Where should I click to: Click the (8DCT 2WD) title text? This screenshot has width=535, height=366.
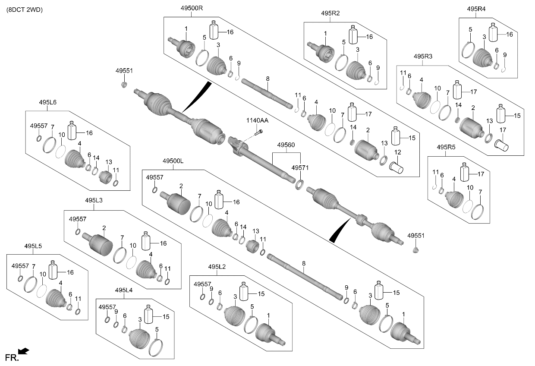(25, 10)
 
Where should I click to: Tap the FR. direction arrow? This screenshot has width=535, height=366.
(24, 351)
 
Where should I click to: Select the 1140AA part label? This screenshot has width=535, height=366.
(257, 121)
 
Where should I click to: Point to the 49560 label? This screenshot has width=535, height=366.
(286, 145)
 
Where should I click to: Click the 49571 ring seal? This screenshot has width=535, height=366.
(299, 184)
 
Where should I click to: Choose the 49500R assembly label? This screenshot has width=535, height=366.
(192, 8)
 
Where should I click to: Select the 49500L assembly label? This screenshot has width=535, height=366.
(173, 161)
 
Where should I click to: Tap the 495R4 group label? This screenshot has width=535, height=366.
(476, 9)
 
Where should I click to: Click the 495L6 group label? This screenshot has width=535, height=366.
(47, 102)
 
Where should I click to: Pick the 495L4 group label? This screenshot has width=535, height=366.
(124, 290)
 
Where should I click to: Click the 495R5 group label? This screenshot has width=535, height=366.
(446, 147)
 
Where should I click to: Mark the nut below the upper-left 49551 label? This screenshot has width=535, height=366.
(124, 84)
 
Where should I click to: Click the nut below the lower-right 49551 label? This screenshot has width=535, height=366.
(415, 250)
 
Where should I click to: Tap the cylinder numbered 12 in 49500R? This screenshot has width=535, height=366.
(397, 168)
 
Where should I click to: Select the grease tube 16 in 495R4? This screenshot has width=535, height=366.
(493, 32)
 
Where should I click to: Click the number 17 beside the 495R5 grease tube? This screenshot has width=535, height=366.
(481, 174)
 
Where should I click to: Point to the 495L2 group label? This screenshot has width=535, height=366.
(217, 267)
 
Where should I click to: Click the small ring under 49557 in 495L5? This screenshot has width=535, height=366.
(21, 278)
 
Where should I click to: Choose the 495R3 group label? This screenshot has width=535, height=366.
(423, 57)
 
